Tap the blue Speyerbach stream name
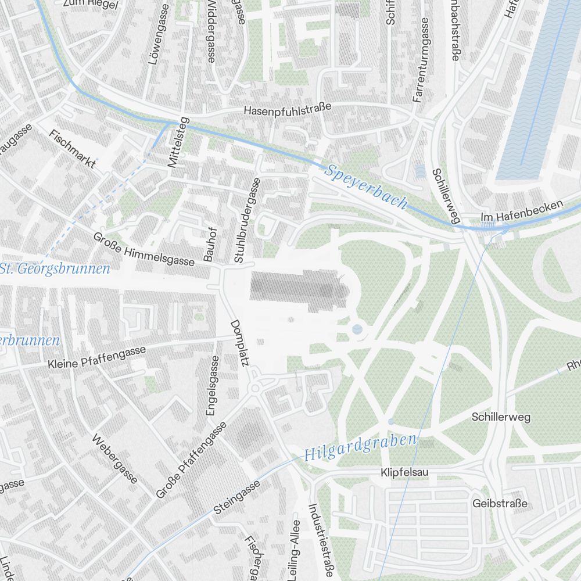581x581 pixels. pyautogui.click(x=366, y=187)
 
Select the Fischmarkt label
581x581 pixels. pyautogui.click(x=73, y=149)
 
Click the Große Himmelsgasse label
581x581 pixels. pyautogui.click(x=144, y=249)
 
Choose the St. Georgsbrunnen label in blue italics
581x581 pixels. pyautogui.click(x=55, y=269)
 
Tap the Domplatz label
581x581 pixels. pyautogui.click(x=239, y=343)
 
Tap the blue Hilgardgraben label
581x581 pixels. pyautogui.click(x=360, y=446)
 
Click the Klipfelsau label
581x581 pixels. pyautogui.click(x=404, y=473)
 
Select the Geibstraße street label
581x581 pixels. pyautogui.click(x=500, y=503)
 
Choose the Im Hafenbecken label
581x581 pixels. pyautogui.click(x=522, y=212)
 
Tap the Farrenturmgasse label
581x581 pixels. pyautogui.click(x=420, y=60)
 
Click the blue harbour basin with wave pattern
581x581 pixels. pyautogui.click(x=537, y=87)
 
